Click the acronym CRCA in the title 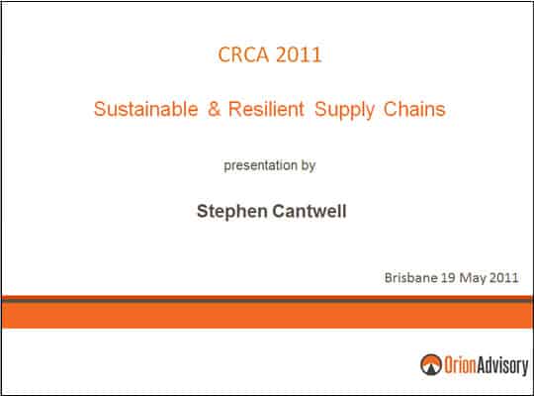click(243, 54)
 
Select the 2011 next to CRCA click(299, 54)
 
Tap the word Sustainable click(145, 109)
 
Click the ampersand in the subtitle click(214, 109)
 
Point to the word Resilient click(266, 109)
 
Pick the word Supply click(344, 110)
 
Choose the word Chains click(414, 109)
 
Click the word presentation click(260, 165)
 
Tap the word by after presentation click(309, 165)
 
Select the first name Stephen click(232, 212)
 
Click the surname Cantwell click(310, 211)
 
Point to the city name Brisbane click(411, 277)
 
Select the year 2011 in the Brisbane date click(503, 277)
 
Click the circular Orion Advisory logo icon click(431, 364)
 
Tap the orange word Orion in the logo click(460, 364)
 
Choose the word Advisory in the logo click(502, 365)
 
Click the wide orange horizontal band click(267, 316)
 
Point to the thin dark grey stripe click(267, 301)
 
